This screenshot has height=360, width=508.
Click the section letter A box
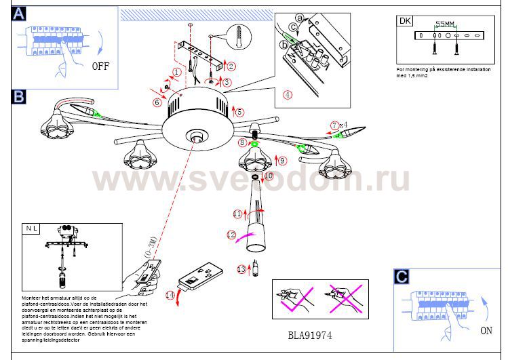point(18,14)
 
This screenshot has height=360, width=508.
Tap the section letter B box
point(18,97)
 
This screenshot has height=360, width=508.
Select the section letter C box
point(402,277)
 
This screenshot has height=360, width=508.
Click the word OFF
point(100,66)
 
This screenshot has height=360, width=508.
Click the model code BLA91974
point(310,336)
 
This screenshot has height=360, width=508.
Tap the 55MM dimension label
point(444,24)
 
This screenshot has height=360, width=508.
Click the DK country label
point(405,20)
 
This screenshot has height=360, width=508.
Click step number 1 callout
point(177,71)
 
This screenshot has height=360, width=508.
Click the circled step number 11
point(237,214)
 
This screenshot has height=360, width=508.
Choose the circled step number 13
point(241,269)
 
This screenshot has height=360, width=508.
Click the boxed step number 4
point(288,94)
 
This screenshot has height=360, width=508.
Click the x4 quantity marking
point(344,125)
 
